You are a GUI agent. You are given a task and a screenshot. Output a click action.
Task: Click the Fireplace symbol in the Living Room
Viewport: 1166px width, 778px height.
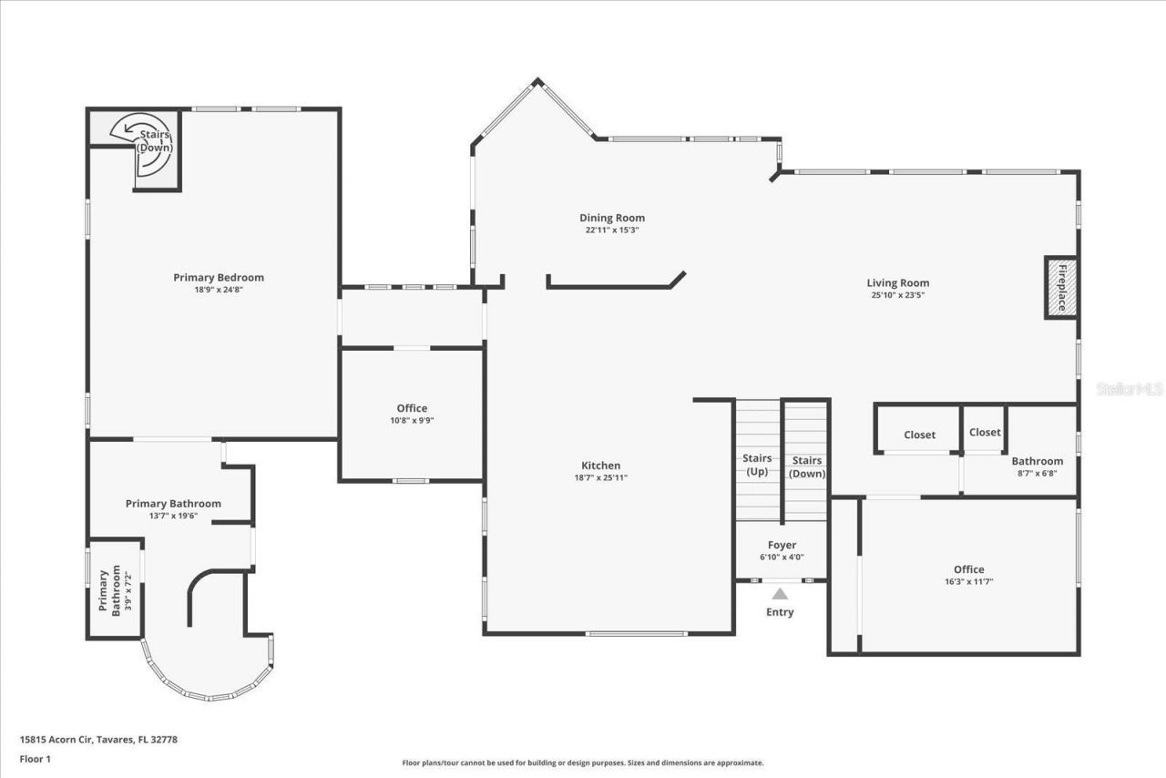[1060, 288]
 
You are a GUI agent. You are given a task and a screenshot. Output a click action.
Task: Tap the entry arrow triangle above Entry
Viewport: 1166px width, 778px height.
[780, 594]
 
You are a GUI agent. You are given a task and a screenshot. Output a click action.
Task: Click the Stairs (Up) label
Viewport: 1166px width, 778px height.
[757, 465]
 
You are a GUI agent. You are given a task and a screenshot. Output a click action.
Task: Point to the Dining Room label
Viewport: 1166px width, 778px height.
[612, 218]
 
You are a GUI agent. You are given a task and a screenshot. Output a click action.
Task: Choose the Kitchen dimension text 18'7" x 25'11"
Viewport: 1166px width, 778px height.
[600, 477]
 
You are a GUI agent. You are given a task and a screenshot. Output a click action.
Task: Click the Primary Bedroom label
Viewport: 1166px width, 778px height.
[219, 278]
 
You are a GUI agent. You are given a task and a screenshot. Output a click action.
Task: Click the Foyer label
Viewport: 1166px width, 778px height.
[782, 546]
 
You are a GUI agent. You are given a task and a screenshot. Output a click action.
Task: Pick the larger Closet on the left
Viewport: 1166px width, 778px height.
[919, 435]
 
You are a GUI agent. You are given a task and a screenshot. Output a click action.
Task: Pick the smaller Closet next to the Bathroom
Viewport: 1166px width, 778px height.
[985, 433]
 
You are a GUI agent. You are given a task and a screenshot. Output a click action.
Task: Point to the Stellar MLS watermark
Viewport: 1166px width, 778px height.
[1130, 389]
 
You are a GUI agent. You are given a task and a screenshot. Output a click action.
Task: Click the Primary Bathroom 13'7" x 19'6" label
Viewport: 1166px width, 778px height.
[173, 504]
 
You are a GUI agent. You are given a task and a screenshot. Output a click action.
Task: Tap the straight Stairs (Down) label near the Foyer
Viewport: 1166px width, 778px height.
[806, 466]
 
